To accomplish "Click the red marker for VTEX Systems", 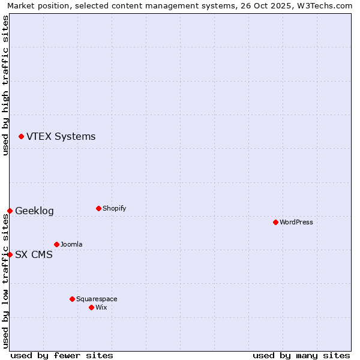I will [22, 137].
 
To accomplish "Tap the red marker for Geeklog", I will [10, 211].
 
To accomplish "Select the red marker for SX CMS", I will [10, 254].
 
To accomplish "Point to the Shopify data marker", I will [98, 208].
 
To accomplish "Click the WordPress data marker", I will [275, 222].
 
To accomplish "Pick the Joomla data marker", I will [56, 244].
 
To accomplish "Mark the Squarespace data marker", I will [72, 299].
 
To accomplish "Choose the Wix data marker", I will [91, 307].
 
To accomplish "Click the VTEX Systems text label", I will [61, 137].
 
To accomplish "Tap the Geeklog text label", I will [34, 211].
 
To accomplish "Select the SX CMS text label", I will [34, 255].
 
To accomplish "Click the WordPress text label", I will [296, 223].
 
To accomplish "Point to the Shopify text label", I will [114, 209].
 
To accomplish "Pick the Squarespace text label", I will [97, 299].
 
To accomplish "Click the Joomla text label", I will [71, 245].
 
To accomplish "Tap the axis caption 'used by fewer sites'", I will [62, 355].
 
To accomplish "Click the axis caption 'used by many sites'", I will [301, 355].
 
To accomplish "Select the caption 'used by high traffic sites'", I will [5, 85].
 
